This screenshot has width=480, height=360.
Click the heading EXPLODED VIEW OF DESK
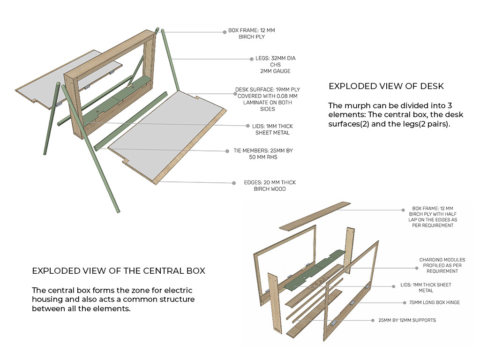click(x=386, y=86)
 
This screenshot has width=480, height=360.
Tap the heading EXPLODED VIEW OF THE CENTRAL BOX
click(x=119, y=271)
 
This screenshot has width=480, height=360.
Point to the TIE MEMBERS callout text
click(x=263, y=154)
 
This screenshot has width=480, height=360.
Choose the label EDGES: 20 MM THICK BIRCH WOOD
click(x=270, y=186)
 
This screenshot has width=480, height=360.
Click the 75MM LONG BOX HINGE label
click(x=435, y=302)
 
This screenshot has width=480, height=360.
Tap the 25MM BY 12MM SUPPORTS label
click(x=407, y=320)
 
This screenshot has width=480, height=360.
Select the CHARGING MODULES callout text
click(x=442, y=265)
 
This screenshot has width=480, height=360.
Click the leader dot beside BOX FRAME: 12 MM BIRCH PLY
click(x=225, y=32)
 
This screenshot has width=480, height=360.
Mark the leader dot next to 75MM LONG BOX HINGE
click(x=405, y=303)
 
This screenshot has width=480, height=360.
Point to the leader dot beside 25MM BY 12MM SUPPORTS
click(x=373, y=321)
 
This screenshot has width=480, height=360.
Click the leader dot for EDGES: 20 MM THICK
click(x=234, y=183)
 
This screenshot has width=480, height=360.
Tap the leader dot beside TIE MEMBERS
click(x=227, y=151)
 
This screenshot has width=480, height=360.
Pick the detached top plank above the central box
click(x=315, y=216)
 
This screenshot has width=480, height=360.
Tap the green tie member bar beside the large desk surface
click(x=131, y=120)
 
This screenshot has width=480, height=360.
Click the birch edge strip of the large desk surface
click(x=190, y=146)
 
